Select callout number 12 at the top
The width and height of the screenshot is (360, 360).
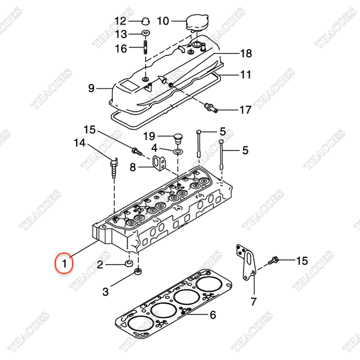121,21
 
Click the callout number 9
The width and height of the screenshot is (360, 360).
91,88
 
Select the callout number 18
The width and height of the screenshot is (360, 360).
246,53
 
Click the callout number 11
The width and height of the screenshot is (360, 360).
245,75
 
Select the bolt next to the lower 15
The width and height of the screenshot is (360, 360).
275,261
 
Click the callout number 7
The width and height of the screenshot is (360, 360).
253,301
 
